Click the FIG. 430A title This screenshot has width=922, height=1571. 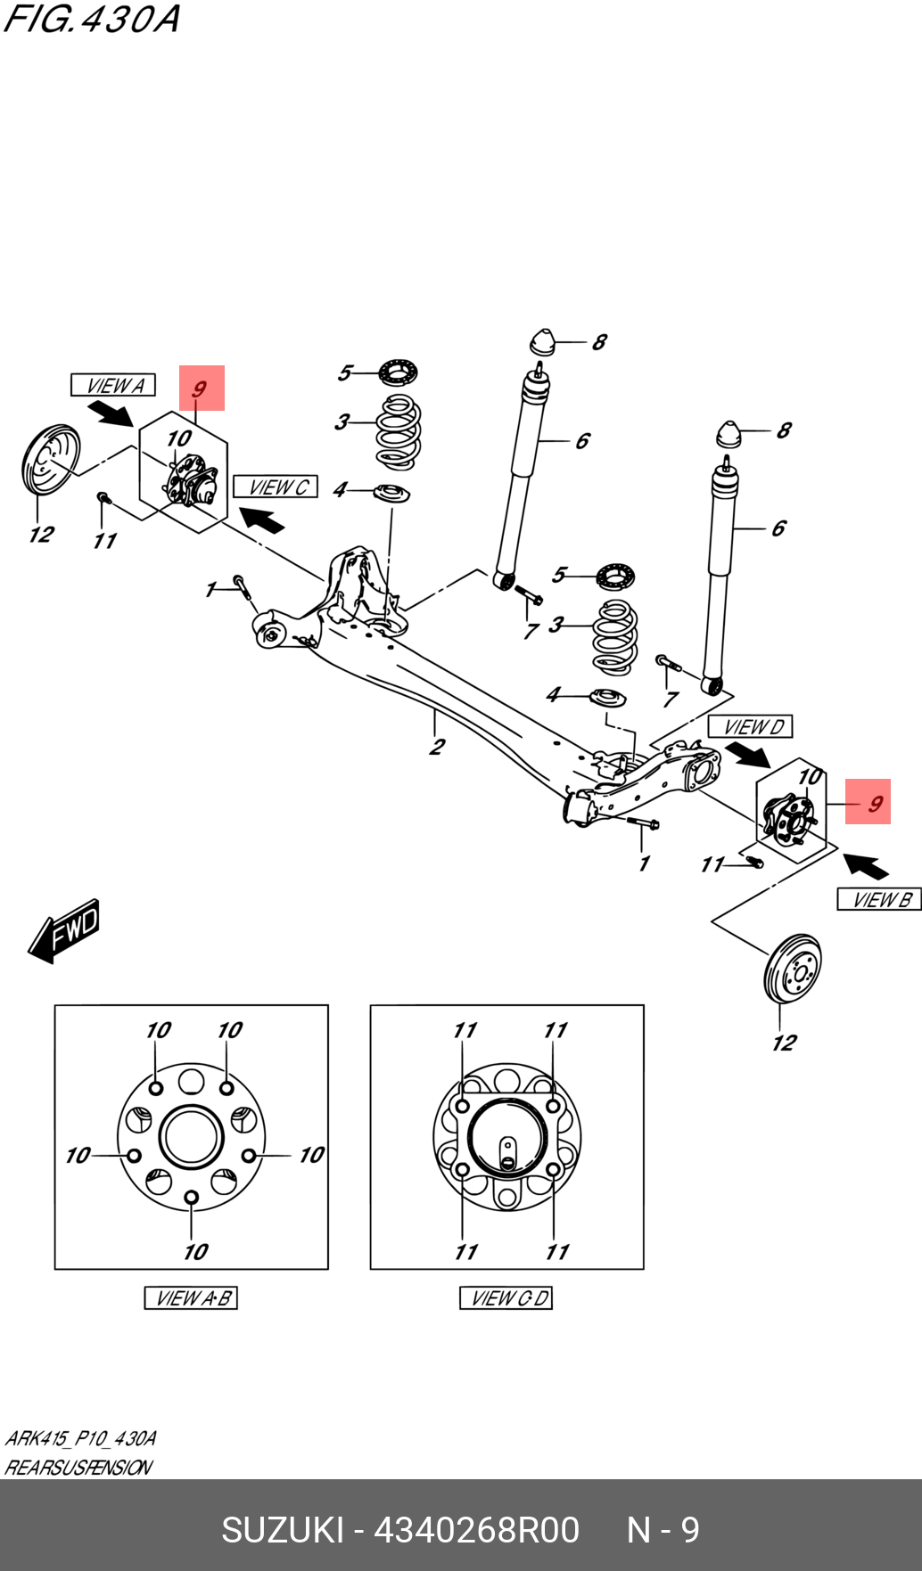[92, 19]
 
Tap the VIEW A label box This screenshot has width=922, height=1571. [113, 385]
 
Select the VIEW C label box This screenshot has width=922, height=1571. [276, 487]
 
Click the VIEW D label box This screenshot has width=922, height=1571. [750, 726]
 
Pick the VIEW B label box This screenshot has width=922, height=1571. [878, 899]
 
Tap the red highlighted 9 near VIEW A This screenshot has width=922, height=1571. [202, 389]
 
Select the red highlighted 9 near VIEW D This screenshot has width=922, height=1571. [868, 802]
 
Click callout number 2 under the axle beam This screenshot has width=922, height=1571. [437, 747]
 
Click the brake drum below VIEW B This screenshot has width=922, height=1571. [793, 969]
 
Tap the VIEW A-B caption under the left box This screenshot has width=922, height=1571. [191, 1298]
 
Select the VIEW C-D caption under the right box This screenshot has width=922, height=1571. [506, 1298]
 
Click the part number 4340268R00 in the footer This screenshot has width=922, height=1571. [476, 1530]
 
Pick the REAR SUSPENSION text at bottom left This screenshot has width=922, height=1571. [78, 1467]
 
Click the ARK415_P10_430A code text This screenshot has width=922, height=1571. [80, 1438]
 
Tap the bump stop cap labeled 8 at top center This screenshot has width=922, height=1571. [542, 342]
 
